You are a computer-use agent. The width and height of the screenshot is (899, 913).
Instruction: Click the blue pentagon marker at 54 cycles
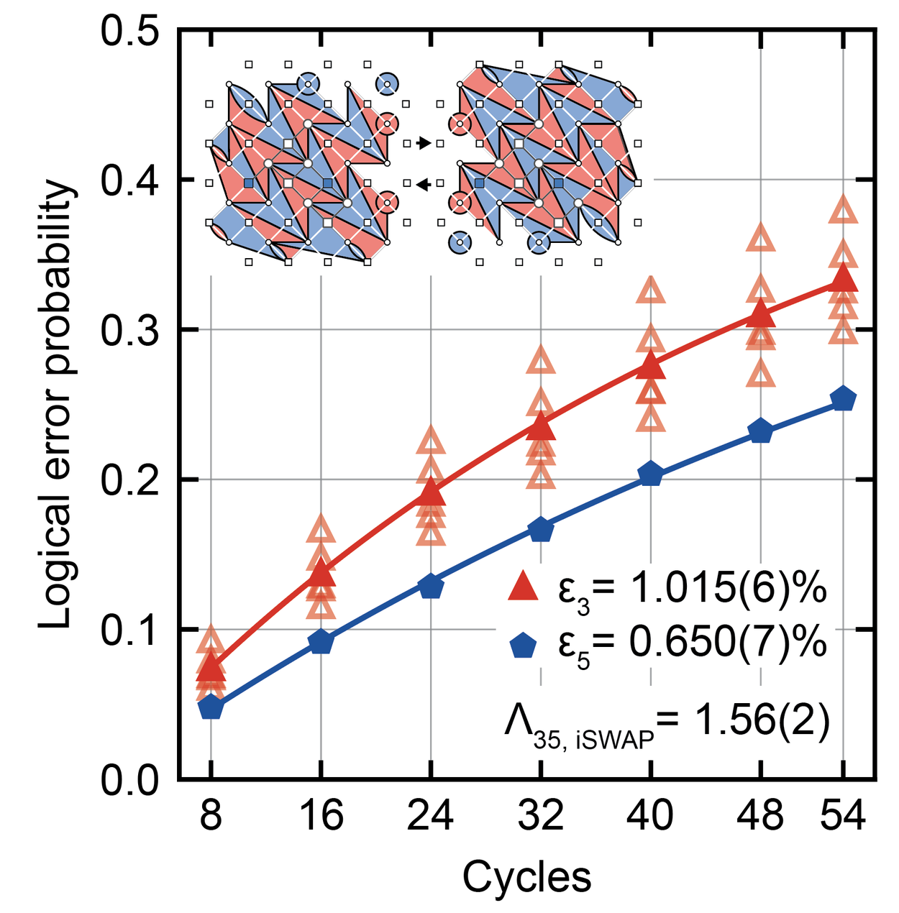pyautogui.click(x=843, y=399)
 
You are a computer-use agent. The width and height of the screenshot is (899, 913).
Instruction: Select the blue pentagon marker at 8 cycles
pyautogui.click(x=211, y=707)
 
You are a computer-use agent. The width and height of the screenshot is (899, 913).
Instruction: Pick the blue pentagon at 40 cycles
pyautogui.click(x=650, y=474)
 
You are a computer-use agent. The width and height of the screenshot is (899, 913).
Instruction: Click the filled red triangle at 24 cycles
pyautogui.click(x=430, y=493)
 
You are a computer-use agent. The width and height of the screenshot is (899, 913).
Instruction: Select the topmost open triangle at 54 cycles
pyautogui.click(x=843, y=211)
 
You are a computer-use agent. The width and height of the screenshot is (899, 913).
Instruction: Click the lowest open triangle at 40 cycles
pyautogui.click(x=650, y=418)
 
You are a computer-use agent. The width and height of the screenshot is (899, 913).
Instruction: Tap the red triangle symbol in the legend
pyautogui.click(x=523, y=587)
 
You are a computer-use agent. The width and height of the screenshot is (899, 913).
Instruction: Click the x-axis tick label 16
pyautogui.click(x=321, y=817)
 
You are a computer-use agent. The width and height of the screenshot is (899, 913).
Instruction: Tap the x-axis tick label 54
pyautogui.click(x=843, y=817)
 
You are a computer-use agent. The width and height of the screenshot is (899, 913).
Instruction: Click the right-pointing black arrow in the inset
pyautogui.click(x=424, y=144)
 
